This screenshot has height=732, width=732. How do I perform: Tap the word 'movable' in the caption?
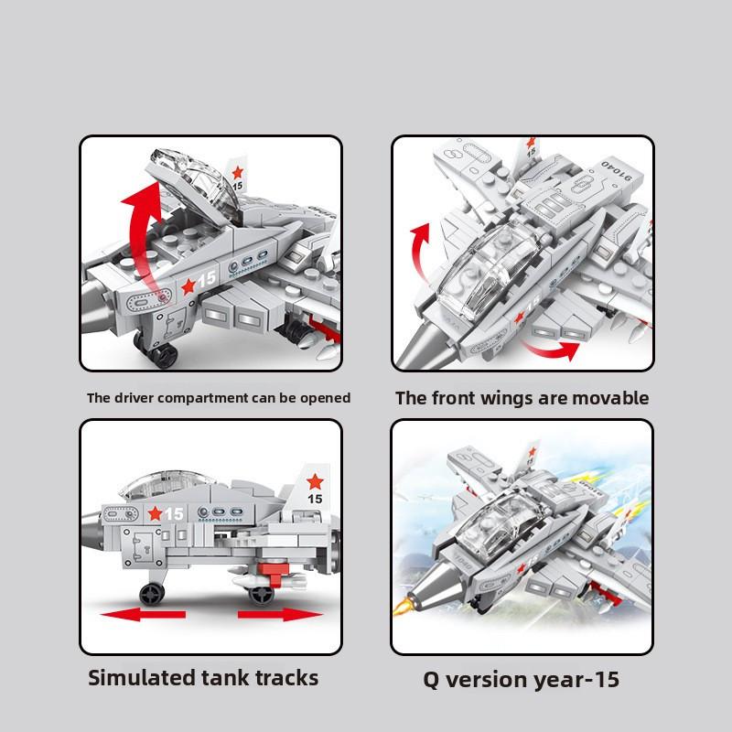tap(610, 398)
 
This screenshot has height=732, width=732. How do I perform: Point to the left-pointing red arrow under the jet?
tap(144, 614)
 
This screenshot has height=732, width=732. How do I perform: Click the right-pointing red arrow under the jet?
tap(280, 614)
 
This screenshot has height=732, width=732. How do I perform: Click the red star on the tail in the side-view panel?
tap(315, 482)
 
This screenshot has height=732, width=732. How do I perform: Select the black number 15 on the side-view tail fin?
tap(315, 499)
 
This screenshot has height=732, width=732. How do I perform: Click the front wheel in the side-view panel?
tap(152, 593)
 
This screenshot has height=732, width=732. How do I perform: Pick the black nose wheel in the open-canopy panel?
tap(164, 355)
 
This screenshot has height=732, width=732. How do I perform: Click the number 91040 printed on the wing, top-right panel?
tap(616, 171)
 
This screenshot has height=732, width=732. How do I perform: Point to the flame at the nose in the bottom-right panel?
tap(403, 606)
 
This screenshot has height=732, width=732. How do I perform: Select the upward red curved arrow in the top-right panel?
tap(420, 253)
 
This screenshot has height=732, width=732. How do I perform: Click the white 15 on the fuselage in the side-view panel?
tap(174, 514)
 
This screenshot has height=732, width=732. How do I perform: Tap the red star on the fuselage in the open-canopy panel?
tap(188, 286)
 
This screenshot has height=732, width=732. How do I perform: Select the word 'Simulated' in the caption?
tap(142, 678)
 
